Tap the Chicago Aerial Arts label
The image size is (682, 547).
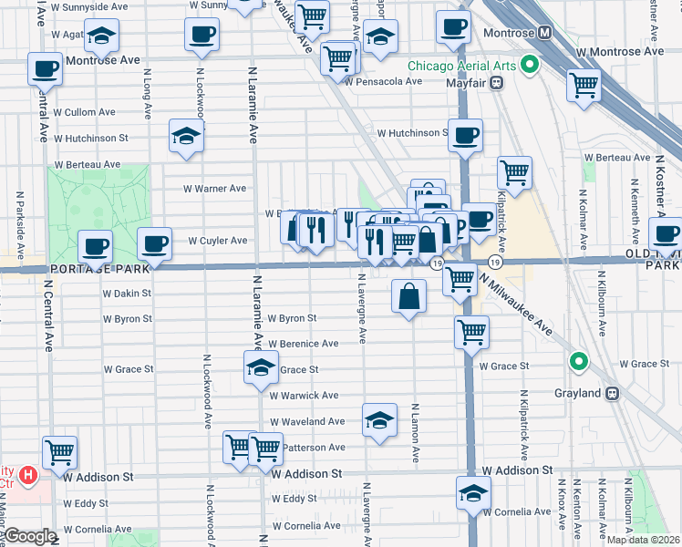(460, 66)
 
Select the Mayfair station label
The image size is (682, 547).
(462, 83)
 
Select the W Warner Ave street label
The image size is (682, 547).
(214, 189)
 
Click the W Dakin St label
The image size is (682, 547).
(127, 294)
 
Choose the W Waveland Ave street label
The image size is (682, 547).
(306, 421)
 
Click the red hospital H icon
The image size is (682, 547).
(28, 475)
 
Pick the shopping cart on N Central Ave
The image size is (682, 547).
(59, 450)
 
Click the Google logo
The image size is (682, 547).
(30, 536)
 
